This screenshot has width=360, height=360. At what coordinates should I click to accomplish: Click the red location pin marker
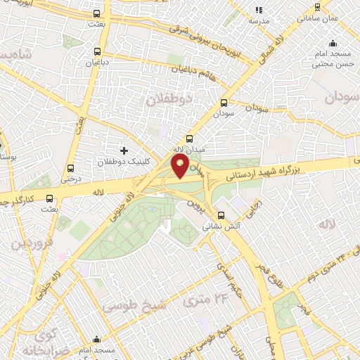(180, 167)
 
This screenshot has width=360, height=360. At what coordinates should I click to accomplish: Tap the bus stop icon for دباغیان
(97, 51)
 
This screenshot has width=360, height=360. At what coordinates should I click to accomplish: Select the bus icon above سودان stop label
(224, 102)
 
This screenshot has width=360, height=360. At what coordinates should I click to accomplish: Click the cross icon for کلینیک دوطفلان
(124, 150)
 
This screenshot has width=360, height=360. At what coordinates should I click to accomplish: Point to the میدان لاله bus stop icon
(188, 139)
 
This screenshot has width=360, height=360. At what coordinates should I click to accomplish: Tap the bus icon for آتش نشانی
(221, 216)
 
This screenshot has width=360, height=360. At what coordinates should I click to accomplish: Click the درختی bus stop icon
(70, 168)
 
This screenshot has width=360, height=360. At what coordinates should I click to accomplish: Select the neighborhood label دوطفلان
(169, 101)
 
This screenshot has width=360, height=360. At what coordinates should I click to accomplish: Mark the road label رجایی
(254, 203)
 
